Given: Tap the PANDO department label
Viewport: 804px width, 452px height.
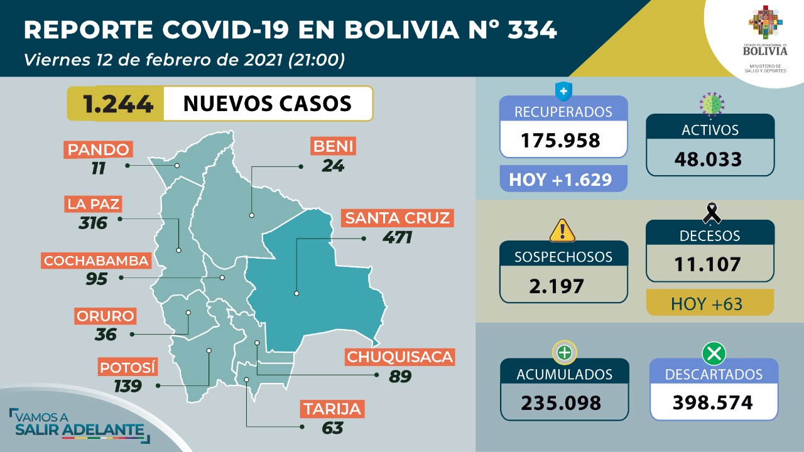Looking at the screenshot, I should click(99, 149).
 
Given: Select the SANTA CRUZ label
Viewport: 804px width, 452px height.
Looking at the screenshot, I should click(397, 218).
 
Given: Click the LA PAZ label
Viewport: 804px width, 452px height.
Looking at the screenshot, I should click(93, 204).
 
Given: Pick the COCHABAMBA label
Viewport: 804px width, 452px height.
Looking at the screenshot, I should click(96, 260).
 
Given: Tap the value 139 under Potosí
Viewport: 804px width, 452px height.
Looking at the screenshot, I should click(128, 386).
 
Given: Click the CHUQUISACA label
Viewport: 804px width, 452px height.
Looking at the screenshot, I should click(400, 357).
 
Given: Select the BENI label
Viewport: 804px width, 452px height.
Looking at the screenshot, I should click(333, 147).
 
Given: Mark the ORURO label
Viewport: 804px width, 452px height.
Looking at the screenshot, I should click(105, 315).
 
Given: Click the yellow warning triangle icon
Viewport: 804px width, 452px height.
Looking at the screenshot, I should click(562, 230).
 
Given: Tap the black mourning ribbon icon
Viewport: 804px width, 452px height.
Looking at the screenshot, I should click(711, 213).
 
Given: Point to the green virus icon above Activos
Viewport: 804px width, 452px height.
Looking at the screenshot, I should click(711, 103).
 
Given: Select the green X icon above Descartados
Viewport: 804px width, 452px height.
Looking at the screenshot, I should click(714, 354).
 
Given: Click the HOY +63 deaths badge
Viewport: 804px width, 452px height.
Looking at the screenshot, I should click(710, 304).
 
